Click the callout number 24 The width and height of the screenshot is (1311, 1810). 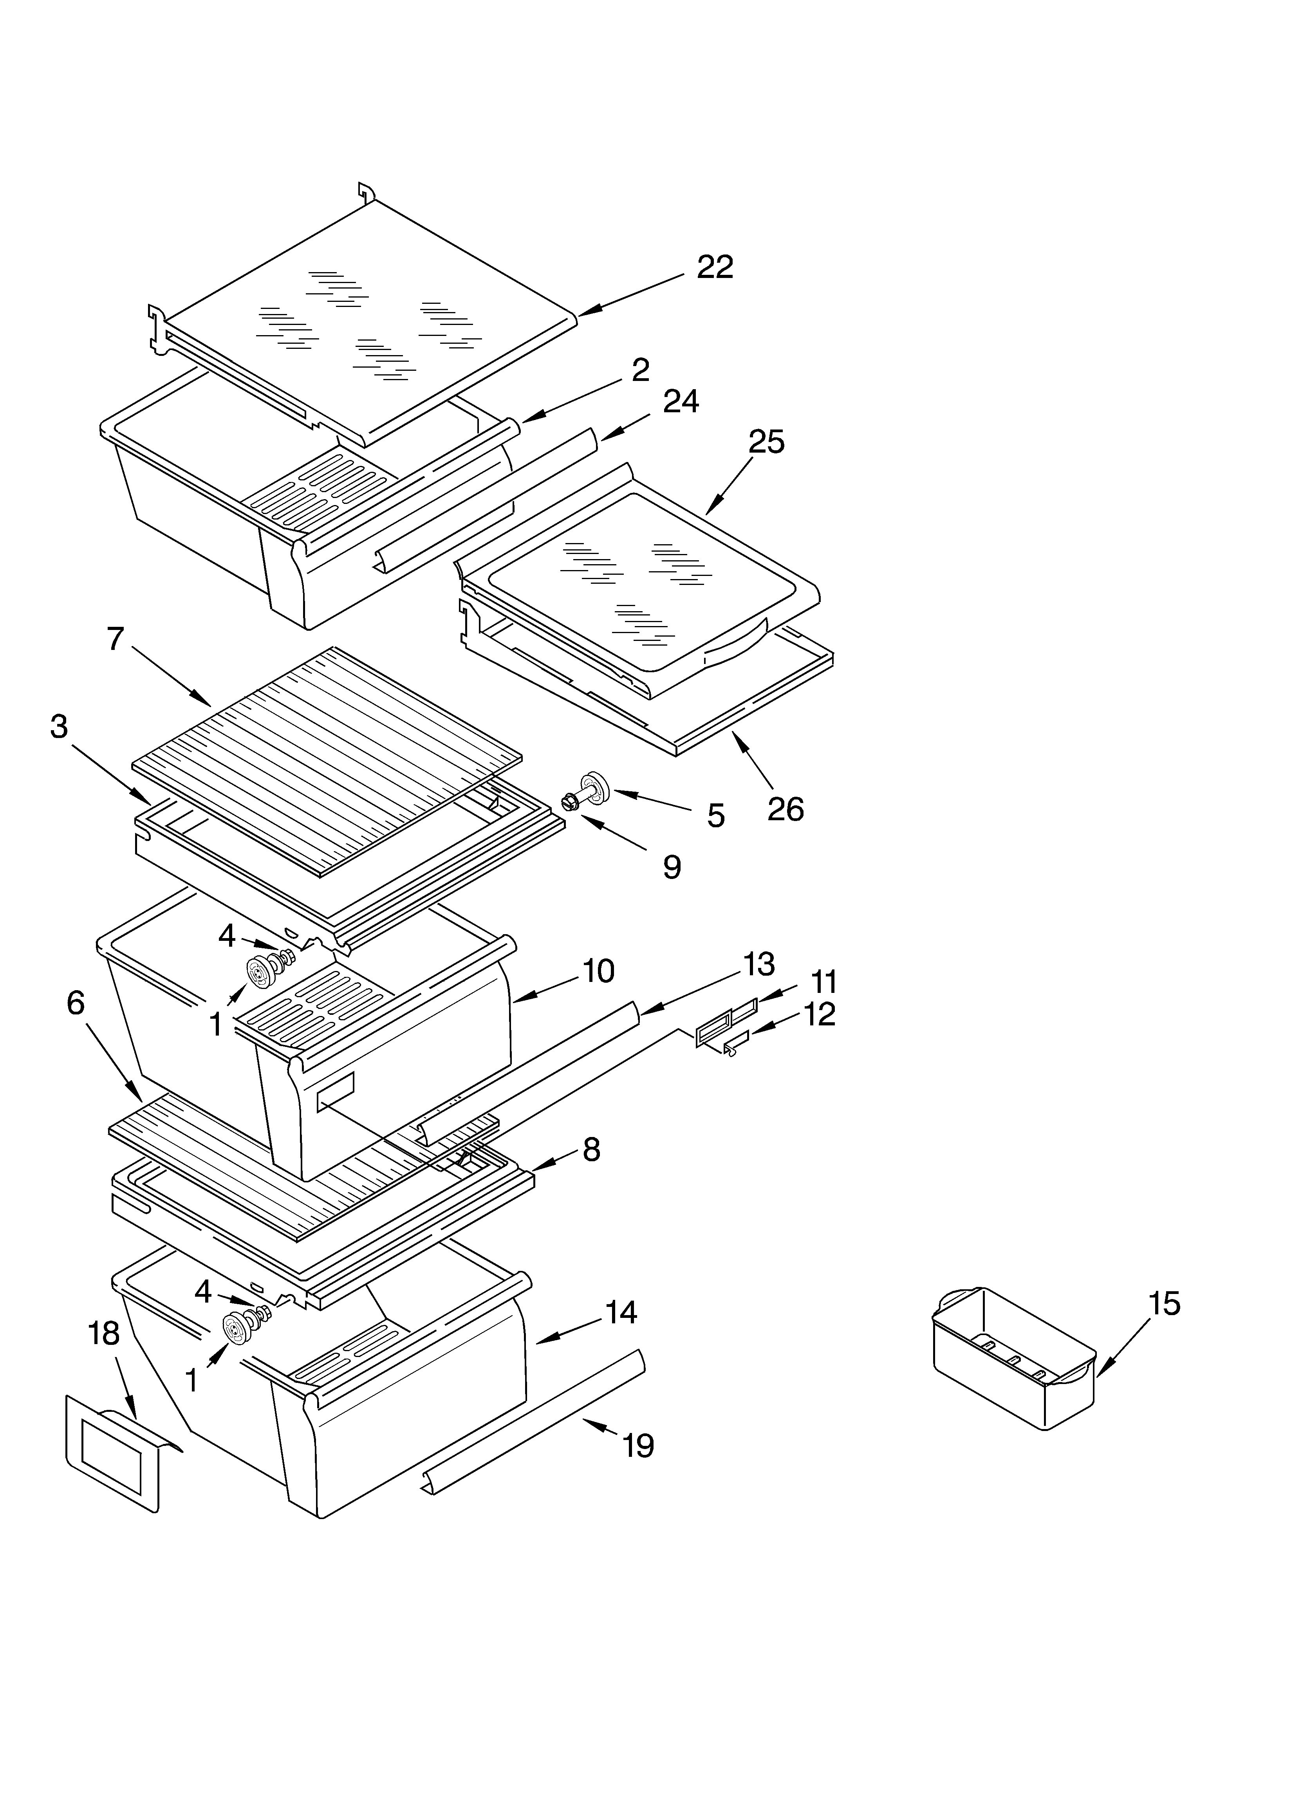(680, 401)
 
